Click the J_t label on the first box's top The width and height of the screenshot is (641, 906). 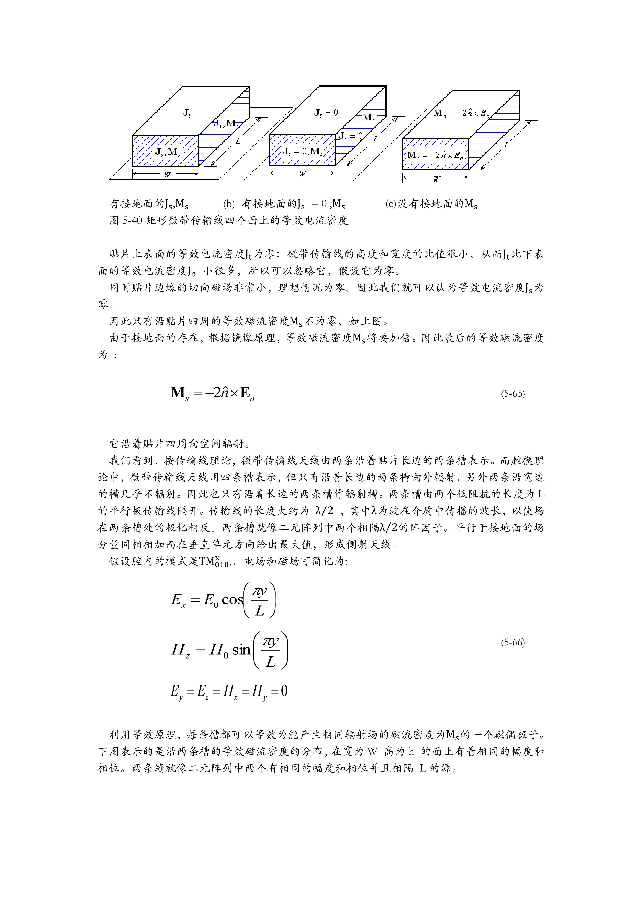[x=187, y=113]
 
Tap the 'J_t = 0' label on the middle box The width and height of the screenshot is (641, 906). [x=326, y=113]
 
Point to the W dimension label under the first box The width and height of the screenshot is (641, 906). [x=167, y=174]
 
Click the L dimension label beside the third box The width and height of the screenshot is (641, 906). [x=506, y=145]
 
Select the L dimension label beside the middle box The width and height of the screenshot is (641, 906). [x=375, y=139]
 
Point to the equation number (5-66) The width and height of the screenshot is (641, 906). [x=513, y=642]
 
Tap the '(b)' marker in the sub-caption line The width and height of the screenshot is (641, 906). [x=229, y=204]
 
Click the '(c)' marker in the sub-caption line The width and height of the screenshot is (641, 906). [x=391, y=204]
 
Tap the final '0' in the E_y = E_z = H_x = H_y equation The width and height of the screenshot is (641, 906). [x=284, y=691]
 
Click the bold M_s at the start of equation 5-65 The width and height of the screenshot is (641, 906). [x=180, y=393]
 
